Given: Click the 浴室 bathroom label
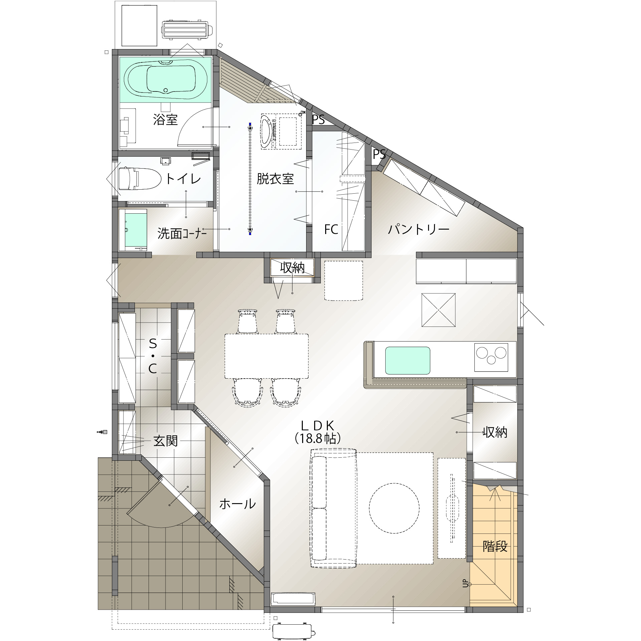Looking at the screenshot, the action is [165, 119].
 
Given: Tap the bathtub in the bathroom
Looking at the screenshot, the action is [166, 79].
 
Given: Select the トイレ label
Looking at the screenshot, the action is [183, 179].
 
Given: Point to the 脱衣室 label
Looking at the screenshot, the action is [275, 179].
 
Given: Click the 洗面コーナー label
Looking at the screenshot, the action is [182, 233].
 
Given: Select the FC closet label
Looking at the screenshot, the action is [331, 229].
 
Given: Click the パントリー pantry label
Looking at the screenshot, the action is [419, 229].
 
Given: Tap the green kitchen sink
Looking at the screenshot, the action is [408, 361].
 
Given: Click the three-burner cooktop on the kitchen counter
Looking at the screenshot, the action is [491, 357].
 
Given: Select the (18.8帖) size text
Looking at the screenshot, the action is [318, 438].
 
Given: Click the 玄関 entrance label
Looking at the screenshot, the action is [166, 441].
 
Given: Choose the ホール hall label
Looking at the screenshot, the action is [237, 504].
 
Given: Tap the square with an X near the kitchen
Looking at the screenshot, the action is [438, 310].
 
